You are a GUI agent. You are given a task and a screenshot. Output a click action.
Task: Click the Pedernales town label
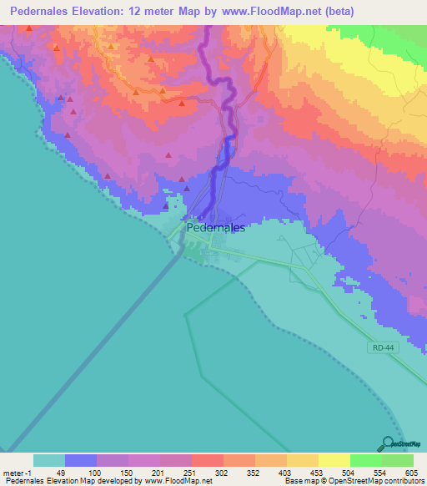click(x=215, y=226)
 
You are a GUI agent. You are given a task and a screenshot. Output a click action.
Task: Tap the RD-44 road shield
click(x=380, y=347)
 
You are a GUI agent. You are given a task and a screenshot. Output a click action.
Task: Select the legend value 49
click(x=61, y=472)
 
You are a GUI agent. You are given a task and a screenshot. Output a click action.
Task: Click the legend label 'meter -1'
click(x=17, y=472)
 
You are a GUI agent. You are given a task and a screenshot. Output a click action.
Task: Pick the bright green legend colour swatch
click(x=365, y=460)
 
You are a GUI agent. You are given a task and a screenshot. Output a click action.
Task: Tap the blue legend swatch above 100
click(x=80, y=460)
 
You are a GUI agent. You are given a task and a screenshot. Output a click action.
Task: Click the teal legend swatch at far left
click(x=48, y=460)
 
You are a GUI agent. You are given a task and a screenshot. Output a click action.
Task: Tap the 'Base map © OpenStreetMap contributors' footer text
click(x=354, y=481)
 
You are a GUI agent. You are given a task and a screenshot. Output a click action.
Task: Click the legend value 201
click(x=155, y=472)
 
